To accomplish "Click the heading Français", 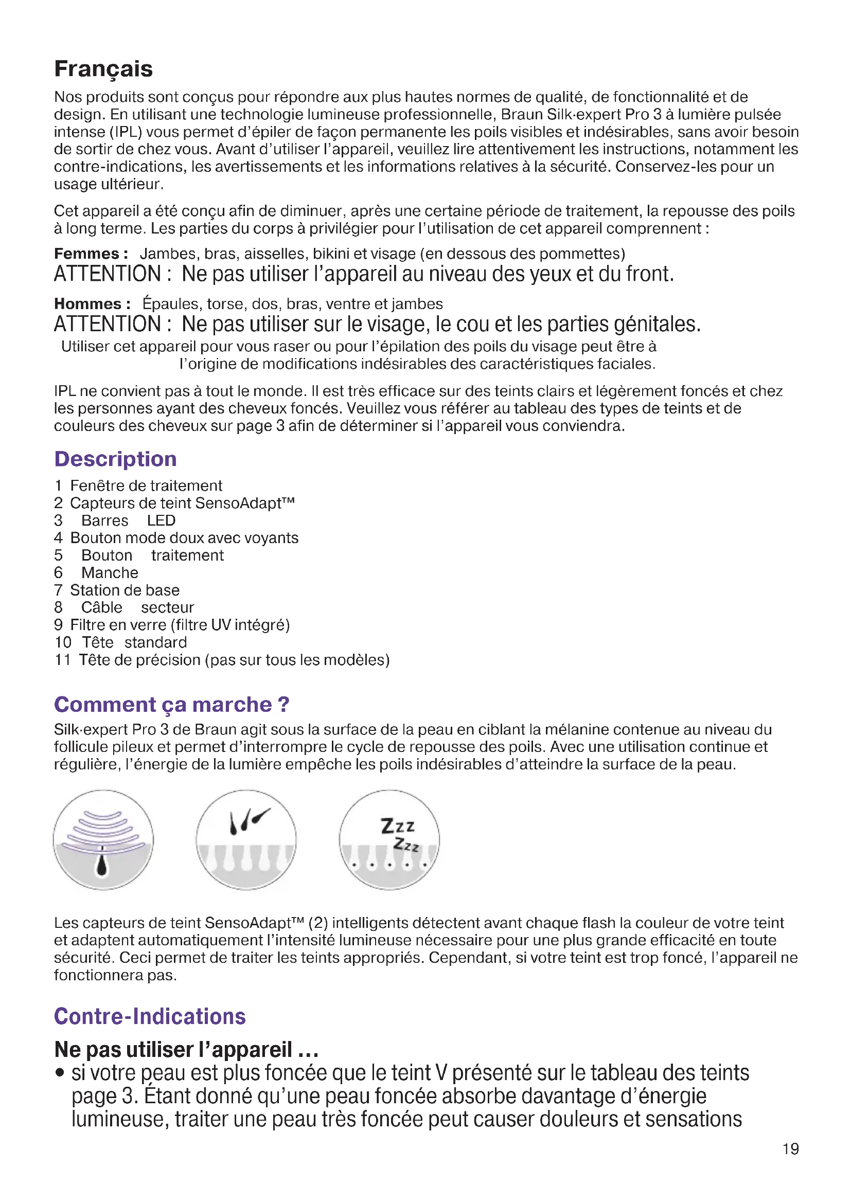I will point(103,69).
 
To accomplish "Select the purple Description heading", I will point(115,459).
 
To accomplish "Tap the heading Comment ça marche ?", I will point(171,705).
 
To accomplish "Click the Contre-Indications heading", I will point(150,1016).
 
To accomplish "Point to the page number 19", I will point(790,1149).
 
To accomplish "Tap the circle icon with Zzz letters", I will point(389,840).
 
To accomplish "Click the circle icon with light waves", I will point(103,840).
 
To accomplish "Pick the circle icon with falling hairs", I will point(246,840).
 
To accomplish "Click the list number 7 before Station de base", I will point(58,590).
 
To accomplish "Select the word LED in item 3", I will point(161,521).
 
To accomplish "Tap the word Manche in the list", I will point(110,572).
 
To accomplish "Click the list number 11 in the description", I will point(62,660).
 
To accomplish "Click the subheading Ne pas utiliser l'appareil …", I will point(186,1050).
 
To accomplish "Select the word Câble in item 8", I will point(102,608).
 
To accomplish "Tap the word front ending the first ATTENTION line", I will point(649,274).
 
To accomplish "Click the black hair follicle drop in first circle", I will point(102,867).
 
